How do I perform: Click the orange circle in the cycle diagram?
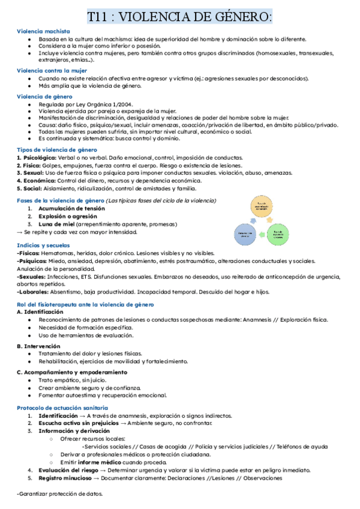pos(261,208)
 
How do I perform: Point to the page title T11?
pos(179,17)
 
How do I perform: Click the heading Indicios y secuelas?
pos(43,245)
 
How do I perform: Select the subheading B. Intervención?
pos(39,346)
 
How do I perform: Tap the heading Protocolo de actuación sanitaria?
pos(62,408)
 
